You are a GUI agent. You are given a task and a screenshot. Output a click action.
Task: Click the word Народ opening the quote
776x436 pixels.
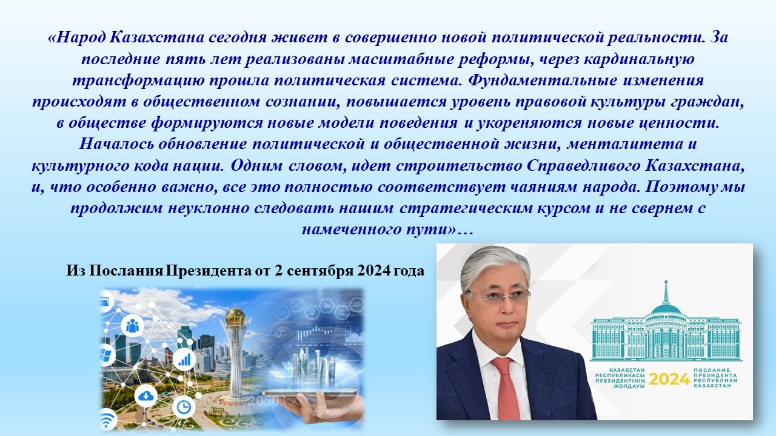[81, 38]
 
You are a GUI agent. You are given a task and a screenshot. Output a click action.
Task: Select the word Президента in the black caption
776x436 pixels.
[209, 271]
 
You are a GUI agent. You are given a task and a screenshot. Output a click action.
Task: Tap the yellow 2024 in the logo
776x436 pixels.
[669, 380]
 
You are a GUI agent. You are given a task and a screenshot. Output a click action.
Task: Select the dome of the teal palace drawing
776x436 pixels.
[666, 309]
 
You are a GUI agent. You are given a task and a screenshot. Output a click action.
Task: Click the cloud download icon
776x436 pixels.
[145, 396]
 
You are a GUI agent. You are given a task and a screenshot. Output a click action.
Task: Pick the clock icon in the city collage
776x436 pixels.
[183, 408]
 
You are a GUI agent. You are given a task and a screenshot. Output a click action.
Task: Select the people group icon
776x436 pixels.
[132, 326]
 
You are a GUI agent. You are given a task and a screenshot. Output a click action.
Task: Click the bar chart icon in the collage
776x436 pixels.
[184, 360]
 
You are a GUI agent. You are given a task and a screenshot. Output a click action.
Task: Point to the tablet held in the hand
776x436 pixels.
[309, 392]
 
